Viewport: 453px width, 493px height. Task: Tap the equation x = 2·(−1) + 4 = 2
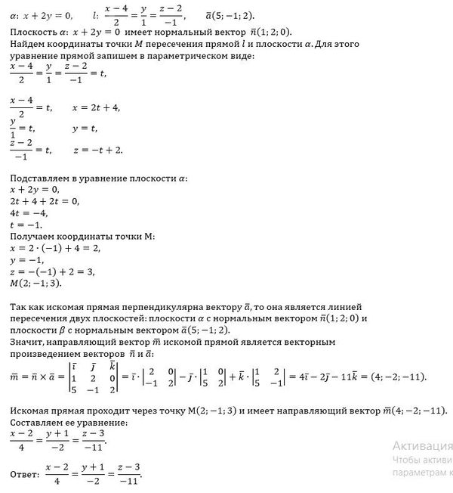pos(56,248)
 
